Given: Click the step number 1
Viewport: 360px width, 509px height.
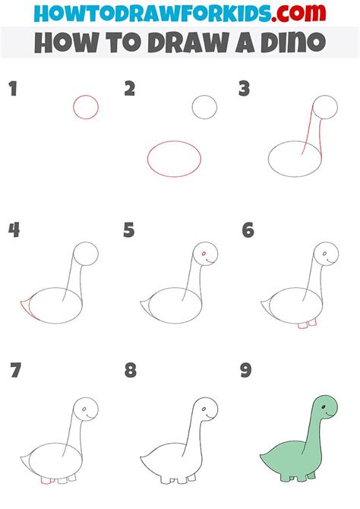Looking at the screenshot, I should pos(12,90).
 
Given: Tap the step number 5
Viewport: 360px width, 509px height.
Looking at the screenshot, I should pos(129,230).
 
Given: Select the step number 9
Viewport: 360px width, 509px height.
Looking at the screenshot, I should pos(247,371).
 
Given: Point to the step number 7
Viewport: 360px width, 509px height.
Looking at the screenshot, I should pos(14,371).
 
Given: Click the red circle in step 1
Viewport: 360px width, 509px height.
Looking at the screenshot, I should pos(86,106).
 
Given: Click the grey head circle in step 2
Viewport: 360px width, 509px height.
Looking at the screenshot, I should pos(204,106).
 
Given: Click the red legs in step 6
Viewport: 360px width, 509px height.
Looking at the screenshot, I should pos(307,325).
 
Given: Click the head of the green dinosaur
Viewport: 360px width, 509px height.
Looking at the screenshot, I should pos(326,410).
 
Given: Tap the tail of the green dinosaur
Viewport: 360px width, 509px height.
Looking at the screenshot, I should pos(266,457).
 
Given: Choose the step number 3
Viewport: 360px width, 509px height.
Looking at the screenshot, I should pos(245,90).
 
